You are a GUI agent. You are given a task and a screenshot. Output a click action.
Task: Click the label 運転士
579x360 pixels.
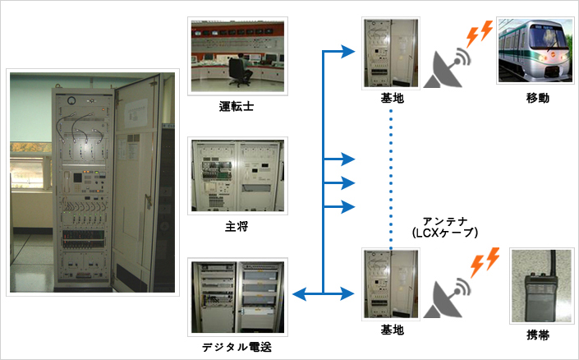pyautogui.click(x=237, y=107)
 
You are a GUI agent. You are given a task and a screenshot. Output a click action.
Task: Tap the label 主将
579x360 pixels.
pyautogui.click(x=237, y=226)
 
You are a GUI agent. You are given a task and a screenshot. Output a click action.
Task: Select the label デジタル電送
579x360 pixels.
pyautogui.click(x=237, y=347)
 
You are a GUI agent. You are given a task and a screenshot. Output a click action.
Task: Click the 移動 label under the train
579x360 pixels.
pyautogui.click(x=538, y=98)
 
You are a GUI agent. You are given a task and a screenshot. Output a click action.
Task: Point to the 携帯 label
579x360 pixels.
pyautogui.click(x=538, y=335)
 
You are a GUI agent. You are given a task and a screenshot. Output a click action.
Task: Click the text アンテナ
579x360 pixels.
pyautogui.click(x=445, y=221)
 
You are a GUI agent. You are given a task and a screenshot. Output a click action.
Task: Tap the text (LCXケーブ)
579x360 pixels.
pyautogui.click(x=444, y=233)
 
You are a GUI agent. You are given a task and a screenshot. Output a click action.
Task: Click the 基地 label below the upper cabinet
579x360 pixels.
pyautogui.click(x=392, y=99)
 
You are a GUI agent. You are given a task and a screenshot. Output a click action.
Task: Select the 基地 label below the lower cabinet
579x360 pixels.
pyautogui.click(x=392, y=330)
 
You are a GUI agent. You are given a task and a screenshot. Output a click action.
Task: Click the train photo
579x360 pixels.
pyautogui.click(x=535, y=51)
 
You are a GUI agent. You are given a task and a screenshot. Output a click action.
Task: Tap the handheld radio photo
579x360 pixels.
pyautogui.click(x=542, y=286)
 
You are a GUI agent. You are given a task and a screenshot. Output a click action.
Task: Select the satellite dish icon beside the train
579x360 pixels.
pyautogui.click(x=445, y=68)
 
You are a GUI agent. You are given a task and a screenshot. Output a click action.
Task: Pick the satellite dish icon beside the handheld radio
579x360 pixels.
pyautogui.click(x=445, y=299)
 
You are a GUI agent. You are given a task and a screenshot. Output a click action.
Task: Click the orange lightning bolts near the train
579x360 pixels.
pyautogui.click(x=480, y=34)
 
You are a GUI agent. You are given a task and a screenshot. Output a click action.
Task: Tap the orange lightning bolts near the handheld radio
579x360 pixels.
pyautogui.click(x=485, y=262)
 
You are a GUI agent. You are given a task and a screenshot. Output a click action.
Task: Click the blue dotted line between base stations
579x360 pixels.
pyautogui.click(x=391, y=180)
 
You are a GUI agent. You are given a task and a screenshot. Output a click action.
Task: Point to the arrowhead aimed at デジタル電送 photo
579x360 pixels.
pyautogui.click(x=299, y=294)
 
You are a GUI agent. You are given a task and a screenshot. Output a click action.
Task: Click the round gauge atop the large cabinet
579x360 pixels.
pyautogui.click(x=71, y=100)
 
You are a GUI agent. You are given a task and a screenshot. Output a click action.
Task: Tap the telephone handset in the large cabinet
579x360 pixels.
pyautogui.click(x=67, y=182)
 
